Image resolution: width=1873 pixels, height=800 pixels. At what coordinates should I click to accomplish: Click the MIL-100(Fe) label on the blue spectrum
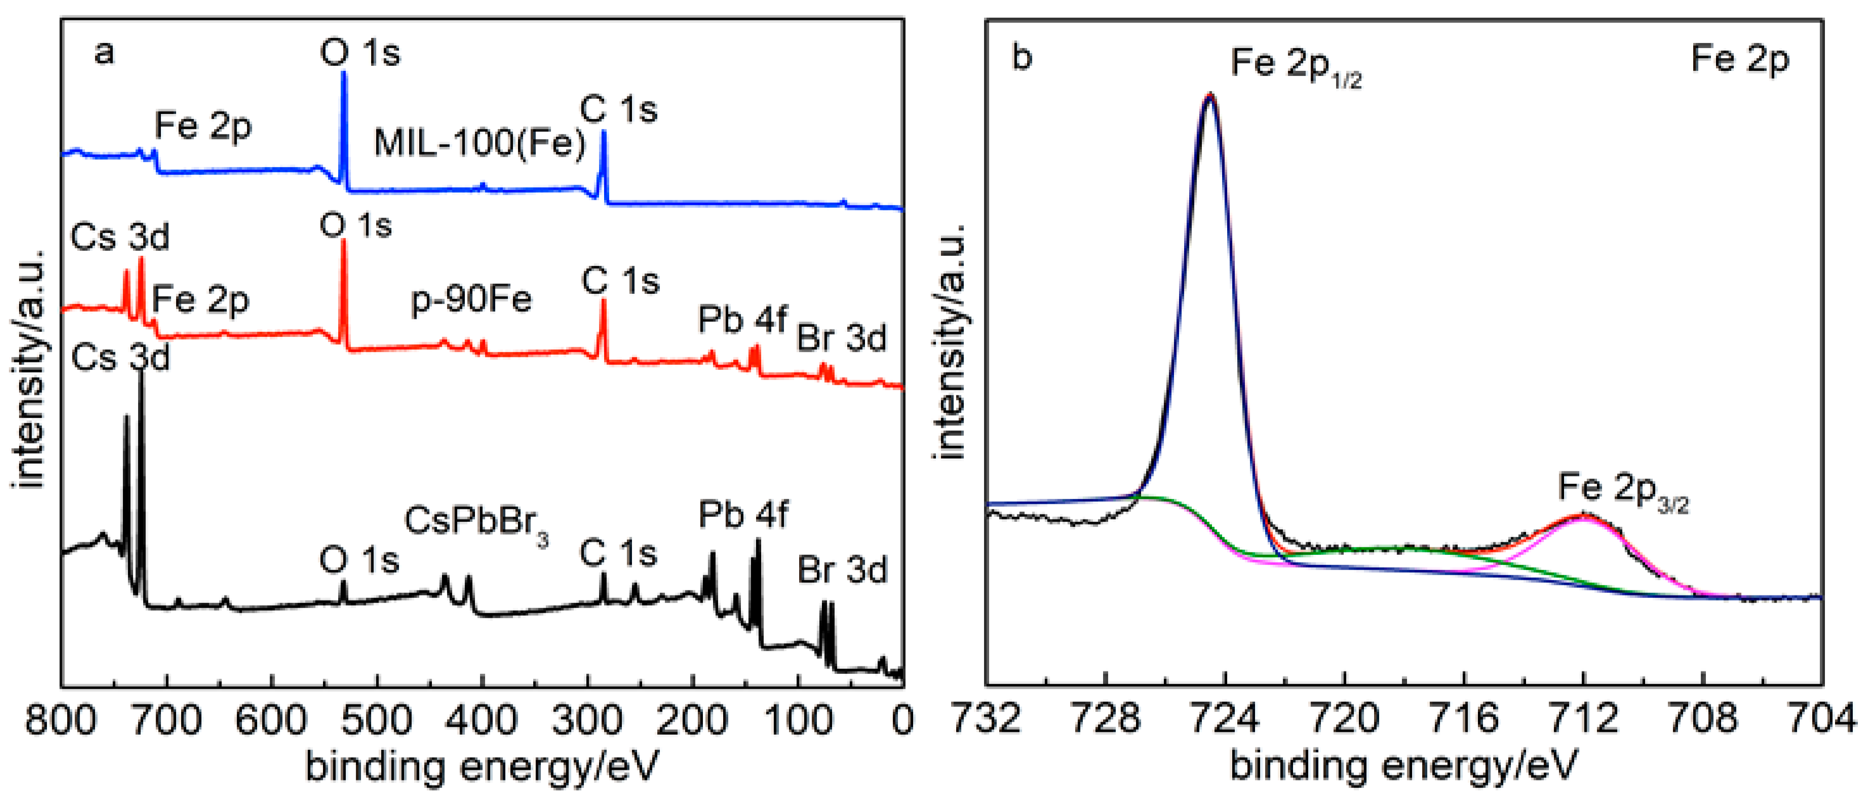(x=480, y=143)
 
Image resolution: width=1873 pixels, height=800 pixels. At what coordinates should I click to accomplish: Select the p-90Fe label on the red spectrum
(x=471, y=299)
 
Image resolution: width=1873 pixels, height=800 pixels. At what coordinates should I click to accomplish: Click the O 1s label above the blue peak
(x=360, y=53)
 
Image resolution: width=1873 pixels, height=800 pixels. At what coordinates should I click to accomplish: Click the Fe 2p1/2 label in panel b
(x=1295, y=64)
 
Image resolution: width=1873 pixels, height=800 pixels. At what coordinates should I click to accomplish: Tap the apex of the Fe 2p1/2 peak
(x=1210, y=95)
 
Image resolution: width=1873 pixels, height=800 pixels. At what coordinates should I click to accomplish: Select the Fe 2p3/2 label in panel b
(x=1622, y=489)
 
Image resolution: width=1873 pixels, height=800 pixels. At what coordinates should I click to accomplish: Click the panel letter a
(x=104, y=53)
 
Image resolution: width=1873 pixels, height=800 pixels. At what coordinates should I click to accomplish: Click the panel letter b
(x=1021, y=57)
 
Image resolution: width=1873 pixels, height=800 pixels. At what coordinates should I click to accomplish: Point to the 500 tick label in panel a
(x=377, y=720)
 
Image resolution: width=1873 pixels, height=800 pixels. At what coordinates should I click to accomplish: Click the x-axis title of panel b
(x=1403, y=766)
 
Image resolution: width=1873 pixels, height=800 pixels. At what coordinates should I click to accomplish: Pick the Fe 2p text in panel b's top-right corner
(x=1739, y=59)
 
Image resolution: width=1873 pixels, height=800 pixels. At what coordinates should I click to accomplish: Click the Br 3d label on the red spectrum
(x=842, y=338)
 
